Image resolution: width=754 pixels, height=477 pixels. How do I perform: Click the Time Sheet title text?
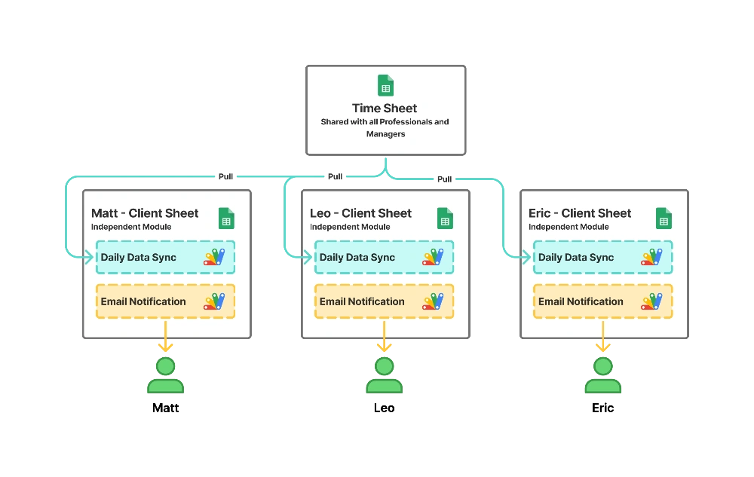click(385, 108)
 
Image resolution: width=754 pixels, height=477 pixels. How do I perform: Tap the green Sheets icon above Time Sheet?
click(385, 85)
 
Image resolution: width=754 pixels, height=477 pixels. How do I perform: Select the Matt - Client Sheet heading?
click(145, 213)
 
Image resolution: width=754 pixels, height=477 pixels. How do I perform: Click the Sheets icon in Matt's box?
click(226, 219)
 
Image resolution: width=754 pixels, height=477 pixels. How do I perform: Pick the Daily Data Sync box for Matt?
click(165, 257)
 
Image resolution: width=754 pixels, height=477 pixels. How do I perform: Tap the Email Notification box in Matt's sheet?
click(165, 301)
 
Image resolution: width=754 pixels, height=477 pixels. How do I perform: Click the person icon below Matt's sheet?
click(166, 376)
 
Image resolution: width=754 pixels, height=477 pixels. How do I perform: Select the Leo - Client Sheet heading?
click(360, 213)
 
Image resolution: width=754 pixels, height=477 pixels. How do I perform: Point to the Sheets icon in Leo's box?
click(445, 219)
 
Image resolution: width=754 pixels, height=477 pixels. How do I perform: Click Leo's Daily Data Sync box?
click(384, 257)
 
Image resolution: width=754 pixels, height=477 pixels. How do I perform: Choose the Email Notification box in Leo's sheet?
click(384, 301)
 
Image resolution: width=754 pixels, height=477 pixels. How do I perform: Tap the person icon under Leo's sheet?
click(385, 376)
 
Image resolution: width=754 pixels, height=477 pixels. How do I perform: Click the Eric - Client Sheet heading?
click(580, 213)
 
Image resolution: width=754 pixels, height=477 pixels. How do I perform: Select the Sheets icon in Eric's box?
click(664, 219)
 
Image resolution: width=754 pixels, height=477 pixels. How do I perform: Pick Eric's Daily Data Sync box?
click(602, 257)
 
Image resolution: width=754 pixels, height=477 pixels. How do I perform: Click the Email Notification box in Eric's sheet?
click(602, 301)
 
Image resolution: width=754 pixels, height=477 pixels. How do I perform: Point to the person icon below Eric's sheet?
click(603, 376)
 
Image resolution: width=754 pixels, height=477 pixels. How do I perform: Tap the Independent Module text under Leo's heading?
click(350, 227)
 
